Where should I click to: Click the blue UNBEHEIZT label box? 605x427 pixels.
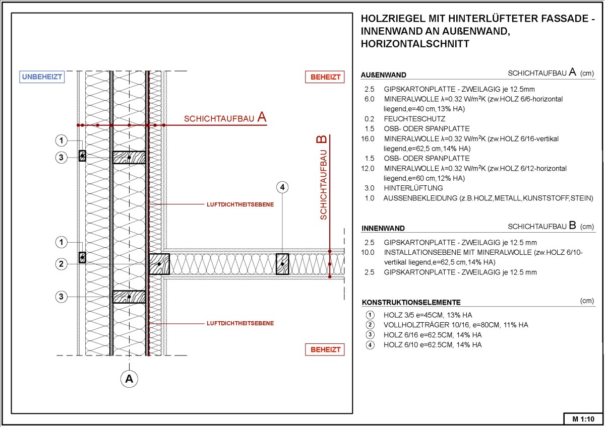[x=41, y=77]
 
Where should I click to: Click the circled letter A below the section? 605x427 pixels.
[x=130, y=378]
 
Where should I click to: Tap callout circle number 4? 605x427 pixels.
[x=282, y=187]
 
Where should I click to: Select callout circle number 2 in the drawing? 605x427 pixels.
[x=61, y=264]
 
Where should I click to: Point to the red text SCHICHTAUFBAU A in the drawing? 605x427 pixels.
[x=225, y=118]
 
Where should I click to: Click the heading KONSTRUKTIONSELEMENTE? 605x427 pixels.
[x=411, y=303]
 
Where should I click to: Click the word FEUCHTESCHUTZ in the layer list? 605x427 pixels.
[x=414, y=119]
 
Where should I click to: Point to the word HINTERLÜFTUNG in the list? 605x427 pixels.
[x=413, y=188]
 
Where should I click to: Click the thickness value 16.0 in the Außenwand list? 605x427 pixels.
[x=368, y=138]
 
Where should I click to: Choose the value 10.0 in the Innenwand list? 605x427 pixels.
[x=368, y=252]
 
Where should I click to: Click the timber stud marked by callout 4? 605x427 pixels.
[x=282, y=263]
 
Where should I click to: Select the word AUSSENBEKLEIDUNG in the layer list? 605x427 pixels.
[x=419, y=198]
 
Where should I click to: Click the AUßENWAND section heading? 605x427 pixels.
[x=384, y=75]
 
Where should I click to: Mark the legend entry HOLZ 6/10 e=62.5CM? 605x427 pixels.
[x=433, y=345]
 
